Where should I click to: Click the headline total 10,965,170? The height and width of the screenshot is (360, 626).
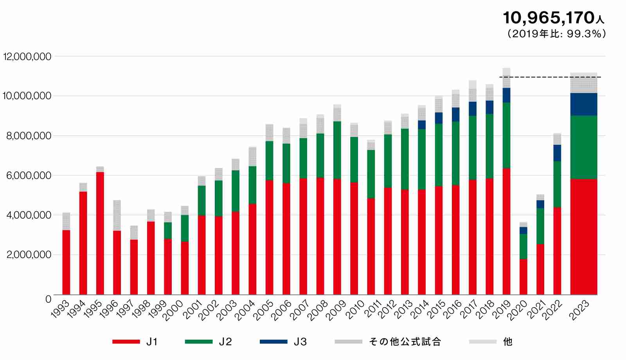click(x=549, y=18)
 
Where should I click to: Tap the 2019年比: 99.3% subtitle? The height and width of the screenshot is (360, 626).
click(x=556, y=34)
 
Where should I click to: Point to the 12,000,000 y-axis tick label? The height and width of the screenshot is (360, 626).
click(x=27, y=57)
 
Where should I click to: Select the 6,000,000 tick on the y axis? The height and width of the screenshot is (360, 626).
click(x=29, y=176)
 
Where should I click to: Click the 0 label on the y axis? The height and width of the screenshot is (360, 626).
click(x=48, y=299)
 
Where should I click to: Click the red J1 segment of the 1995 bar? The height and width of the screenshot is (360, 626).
click(x=100, y=233)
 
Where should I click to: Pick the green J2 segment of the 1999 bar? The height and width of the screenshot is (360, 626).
click(x=168, y=230)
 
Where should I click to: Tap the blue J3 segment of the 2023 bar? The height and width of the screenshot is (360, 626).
click(x=583, y=104)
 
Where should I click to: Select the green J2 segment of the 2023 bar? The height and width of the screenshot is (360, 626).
click(x=583, y=147)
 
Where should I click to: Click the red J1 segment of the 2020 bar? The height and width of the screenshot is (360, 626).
click(x=523, y=277)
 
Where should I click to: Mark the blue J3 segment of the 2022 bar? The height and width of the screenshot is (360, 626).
click(x=557, y=153)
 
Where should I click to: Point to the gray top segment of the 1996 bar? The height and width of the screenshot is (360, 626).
click(x=117, y=215)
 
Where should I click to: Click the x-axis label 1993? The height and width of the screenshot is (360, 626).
click(x=61, y=309)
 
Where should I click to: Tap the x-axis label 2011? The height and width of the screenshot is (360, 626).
click(x=372, y=309)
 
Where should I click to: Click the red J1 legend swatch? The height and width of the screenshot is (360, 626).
click(x=126, y=342)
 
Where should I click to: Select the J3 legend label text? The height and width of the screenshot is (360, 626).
click(x=300, y=342)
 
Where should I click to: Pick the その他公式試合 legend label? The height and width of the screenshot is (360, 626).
click(x=405, y=342)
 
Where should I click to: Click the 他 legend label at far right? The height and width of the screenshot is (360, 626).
click(x=507, y=342)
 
